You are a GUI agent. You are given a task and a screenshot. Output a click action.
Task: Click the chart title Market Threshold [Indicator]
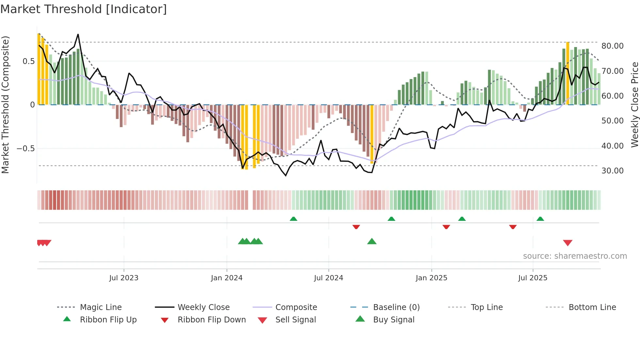pos(84,9)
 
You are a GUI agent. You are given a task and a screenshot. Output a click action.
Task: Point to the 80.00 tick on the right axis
pos(612,46)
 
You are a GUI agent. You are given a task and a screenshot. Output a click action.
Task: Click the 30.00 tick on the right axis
pos(612,171)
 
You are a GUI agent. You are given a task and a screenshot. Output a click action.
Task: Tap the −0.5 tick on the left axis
pos(25,148)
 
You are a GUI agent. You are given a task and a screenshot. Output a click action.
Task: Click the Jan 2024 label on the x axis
pos(227,278)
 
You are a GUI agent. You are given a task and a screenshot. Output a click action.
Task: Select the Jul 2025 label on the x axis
pos(533,278)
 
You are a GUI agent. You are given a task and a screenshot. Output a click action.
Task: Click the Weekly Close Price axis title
pos(634,105)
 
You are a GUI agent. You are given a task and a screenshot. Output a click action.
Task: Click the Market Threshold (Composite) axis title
pos(5,105)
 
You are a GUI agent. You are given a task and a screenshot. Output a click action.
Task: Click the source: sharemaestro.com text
pos(575,256)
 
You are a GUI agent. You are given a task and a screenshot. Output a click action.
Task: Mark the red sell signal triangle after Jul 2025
pos(568,243)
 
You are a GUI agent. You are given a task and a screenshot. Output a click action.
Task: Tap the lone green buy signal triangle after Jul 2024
pos(372,241)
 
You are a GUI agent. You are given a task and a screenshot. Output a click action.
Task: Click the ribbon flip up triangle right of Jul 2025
pos(540,219)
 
